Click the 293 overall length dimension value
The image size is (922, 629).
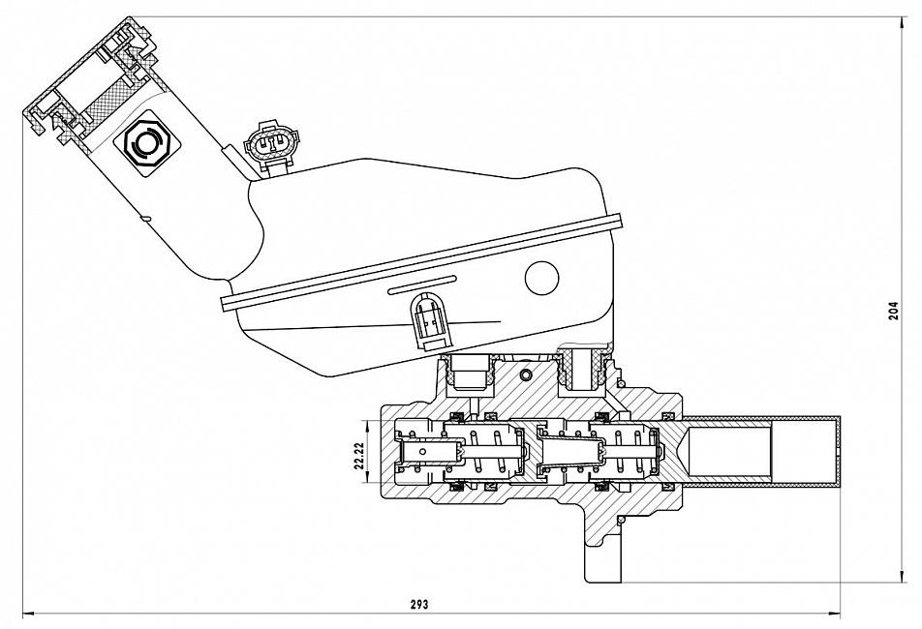(418, 603)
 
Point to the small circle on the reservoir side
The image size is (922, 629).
(541, 279)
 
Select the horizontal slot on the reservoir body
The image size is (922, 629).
(421, 285)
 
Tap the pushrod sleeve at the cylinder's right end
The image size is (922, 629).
(761, 451)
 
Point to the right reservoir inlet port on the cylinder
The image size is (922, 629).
(585, 369)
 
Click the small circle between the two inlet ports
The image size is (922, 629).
(525, 374)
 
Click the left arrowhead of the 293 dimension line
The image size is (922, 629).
(27, 613)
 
